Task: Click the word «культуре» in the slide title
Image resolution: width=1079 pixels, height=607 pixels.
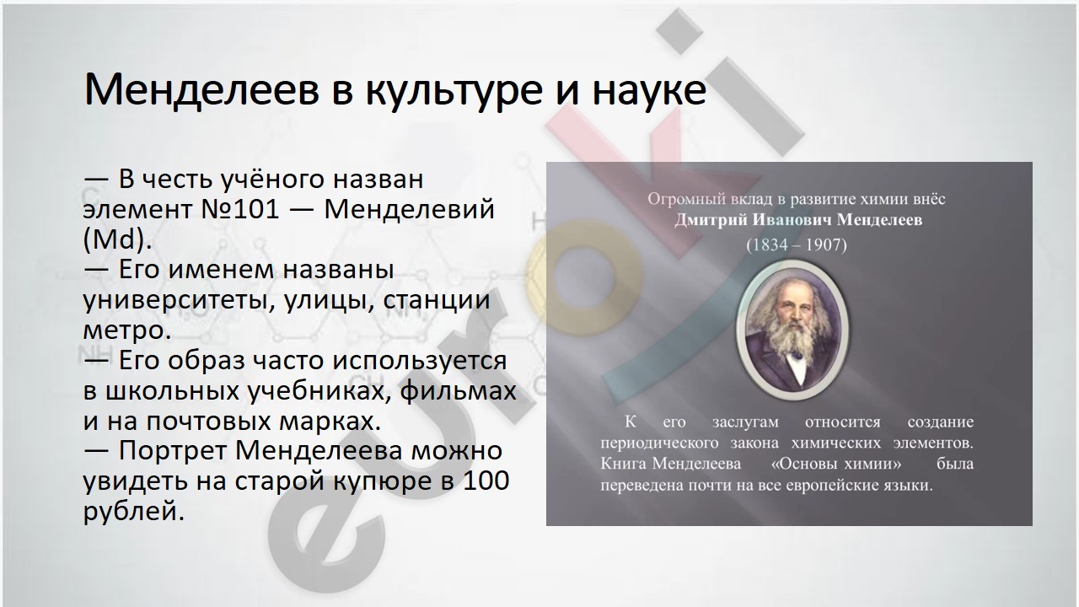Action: (x=454, y=92)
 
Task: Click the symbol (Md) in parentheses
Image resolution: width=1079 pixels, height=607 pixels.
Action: (x=117, y=239)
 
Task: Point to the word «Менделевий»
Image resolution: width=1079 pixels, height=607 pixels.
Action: (x=410, y=209)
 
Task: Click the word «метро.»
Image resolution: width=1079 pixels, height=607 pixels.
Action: (x=127, y=330)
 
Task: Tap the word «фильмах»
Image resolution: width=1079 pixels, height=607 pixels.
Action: (x=458, y=389)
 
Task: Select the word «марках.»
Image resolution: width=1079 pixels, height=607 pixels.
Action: (x=330, y=421)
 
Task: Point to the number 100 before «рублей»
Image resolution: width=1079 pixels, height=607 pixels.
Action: (x=486, y=481)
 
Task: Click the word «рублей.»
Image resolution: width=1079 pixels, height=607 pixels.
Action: (x=134, y=511)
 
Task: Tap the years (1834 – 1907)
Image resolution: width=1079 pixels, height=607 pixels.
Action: (x=797, y=245)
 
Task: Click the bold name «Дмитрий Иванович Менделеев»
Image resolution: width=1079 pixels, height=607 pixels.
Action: (x=798, y=220)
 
